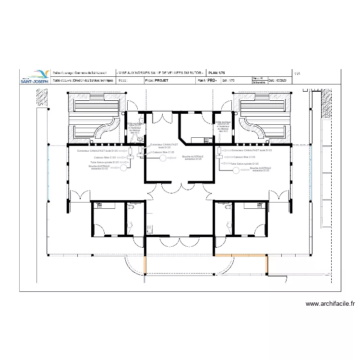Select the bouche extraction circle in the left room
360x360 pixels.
(x=123, y=168)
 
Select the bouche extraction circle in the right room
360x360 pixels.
(x=236, y=171)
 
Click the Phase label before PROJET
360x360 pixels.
(x=149, y=81)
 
